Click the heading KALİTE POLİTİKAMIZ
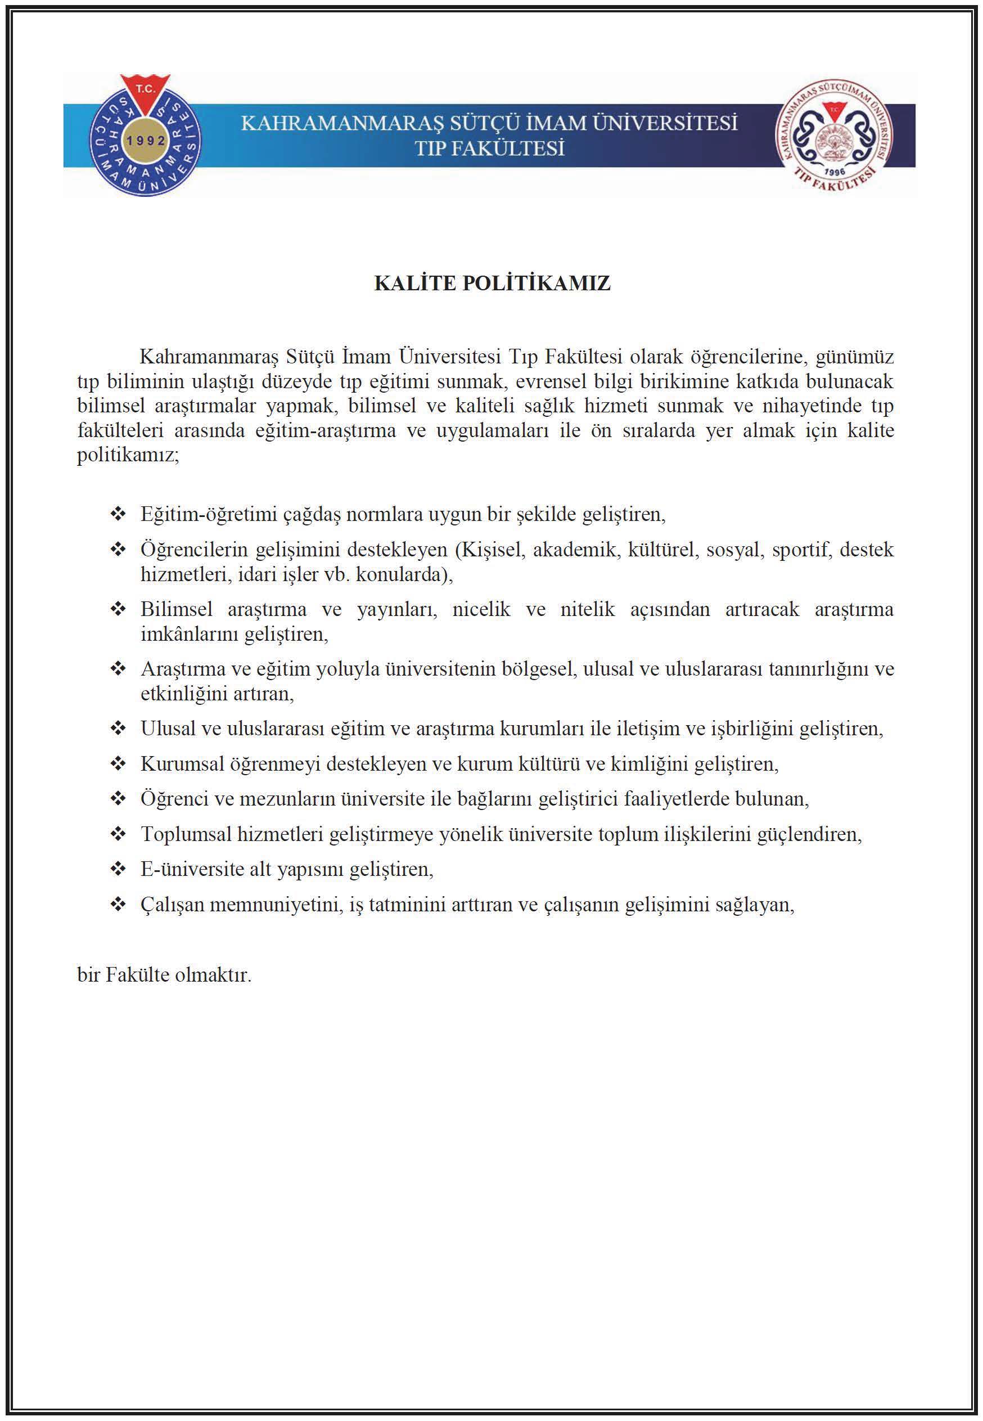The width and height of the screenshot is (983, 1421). coord(492,284)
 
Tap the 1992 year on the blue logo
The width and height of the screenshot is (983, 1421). coord(146,141)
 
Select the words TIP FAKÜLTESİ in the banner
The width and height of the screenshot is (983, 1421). coord(490,149)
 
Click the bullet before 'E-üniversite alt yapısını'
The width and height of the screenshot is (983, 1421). coord(118,869)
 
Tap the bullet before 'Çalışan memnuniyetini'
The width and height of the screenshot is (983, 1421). coord(118,904)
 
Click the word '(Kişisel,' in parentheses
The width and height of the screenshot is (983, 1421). coord(490,550)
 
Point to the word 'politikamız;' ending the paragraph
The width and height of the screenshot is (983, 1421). coord(128,456)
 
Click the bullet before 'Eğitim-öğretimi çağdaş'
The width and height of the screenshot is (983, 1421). coord(118,514)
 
